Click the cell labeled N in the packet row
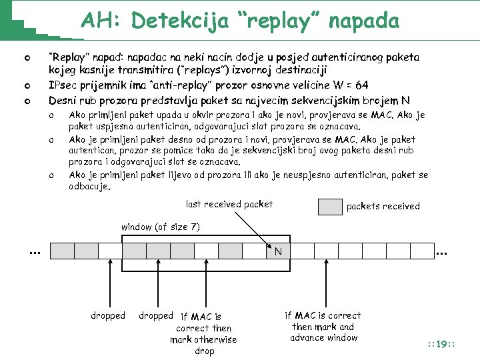[x=278, y=251]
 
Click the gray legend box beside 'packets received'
[x=330, y=207]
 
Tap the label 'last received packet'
[x=229, y=204]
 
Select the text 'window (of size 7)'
[x=160, y=227]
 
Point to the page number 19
[x=441, y=344]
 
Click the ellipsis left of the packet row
[x=35, y=251]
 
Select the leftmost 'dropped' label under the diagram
[x=108, y=315]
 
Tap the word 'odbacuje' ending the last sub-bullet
[x=89, y=187]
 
